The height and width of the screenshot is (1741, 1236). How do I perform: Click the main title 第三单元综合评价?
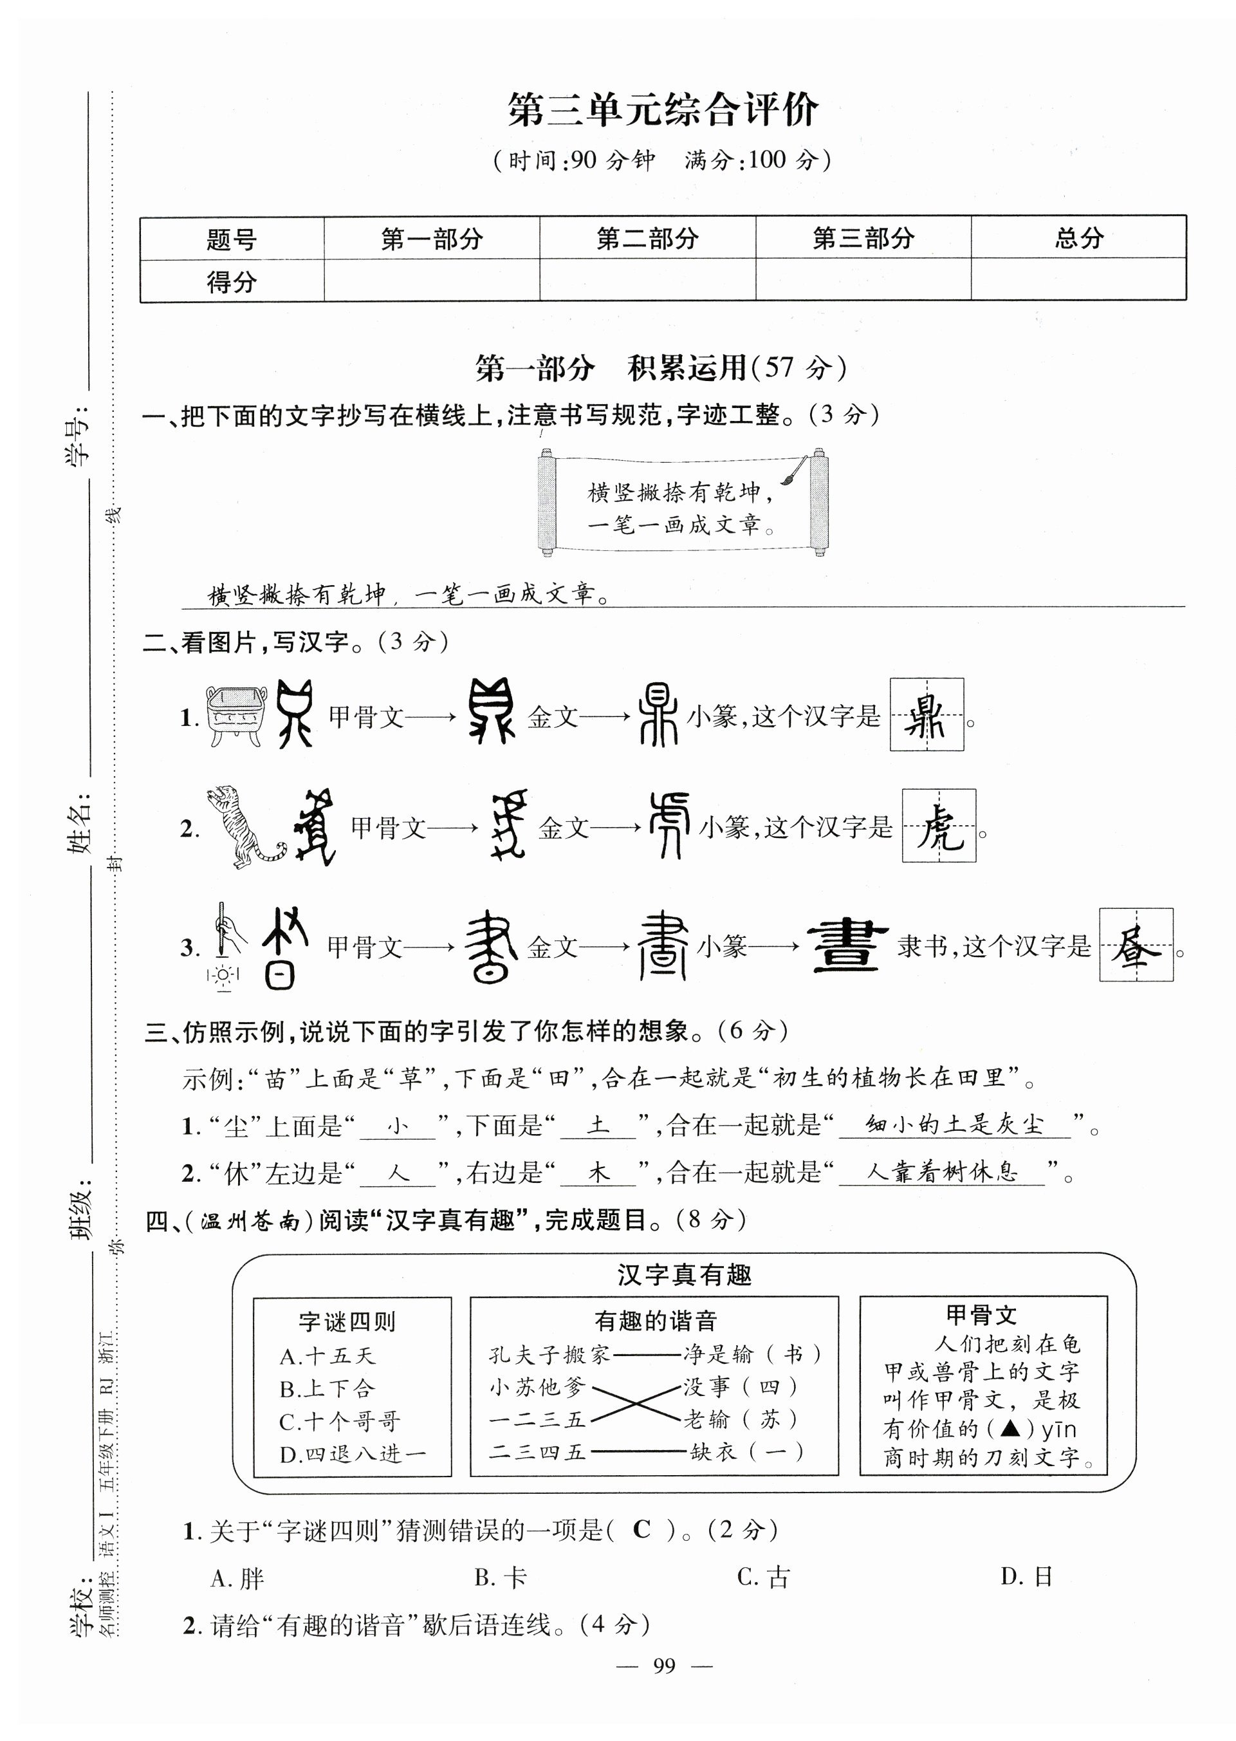(x=662, y=111)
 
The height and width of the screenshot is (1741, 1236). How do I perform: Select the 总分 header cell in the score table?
(x=1078, y=238)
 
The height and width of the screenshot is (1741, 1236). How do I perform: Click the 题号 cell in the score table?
(x=232, y=239)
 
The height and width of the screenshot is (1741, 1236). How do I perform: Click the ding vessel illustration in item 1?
(x=234, y=716)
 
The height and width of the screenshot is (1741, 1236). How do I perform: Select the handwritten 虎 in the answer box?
(x=938, y=826)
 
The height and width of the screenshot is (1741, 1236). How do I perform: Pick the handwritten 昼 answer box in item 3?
(x=1135, y=945)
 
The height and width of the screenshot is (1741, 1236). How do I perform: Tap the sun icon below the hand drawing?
(x=223, y=975)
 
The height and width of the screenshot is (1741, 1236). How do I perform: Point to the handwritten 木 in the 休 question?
(x=598, y=1173)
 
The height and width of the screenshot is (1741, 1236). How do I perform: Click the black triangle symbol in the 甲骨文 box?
(x=1011, y=1428)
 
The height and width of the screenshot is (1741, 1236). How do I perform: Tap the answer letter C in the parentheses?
(x=641, y=1529)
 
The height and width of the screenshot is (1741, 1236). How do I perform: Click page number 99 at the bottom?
(x=663, y=1666)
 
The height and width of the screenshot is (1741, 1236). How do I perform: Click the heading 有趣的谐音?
(x=654, y=1320)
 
